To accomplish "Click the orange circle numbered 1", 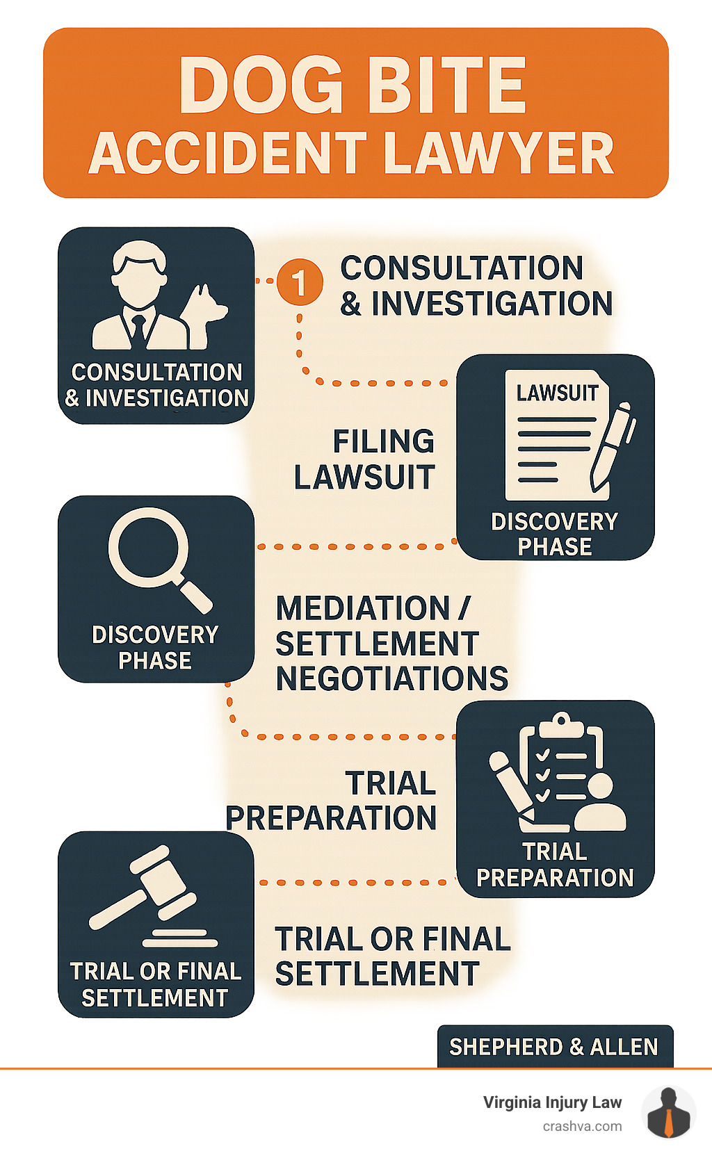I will (x=300, y=282).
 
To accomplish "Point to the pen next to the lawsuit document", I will (x=611, y=445).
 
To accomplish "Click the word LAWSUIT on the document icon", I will (x=557, y=393).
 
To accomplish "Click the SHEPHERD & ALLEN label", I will (x=554, y=1047).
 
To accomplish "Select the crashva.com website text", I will (x=582, y=1126).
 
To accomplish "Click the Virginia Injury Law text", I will (x=552, y=1102).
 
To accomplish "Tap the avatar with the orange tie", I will (x=668, y=1112).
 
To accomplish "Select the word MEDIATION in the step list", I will (x=363, y=609).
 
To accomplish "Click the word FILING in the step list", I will (x=383, y=441).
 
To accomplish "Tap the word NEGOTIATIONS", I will (x=391, y=679).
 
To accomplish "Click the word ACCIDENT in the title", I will (x=228, y=154).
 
